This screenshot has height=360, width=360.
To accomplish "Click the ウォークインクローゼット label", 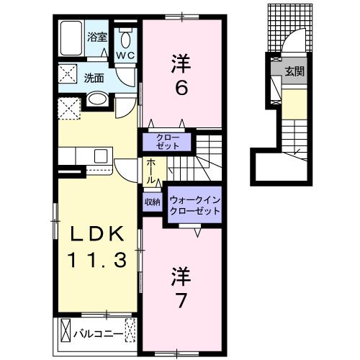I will click(x=194, y=204).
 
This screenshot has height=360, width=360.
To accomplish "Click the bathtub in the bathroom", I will click(x=71, y=38).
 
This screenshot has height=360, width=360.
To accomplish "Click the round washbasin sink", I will click(x=98, y=100).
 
